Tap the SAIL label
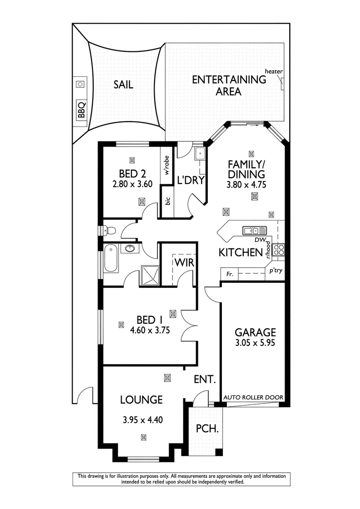[x=123, y=85]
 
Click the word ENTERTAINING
[x=229, y=80]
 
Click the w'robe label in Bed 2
[x=166, y=165]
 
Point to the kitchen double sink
[x=254, y=230]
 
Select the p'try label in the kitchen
[x=275, y=271]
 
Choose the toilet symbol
[x=109, y=230]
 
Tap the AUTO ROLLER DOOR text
[x=254, y=397]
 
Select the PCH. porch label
[x=207, y=429]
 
